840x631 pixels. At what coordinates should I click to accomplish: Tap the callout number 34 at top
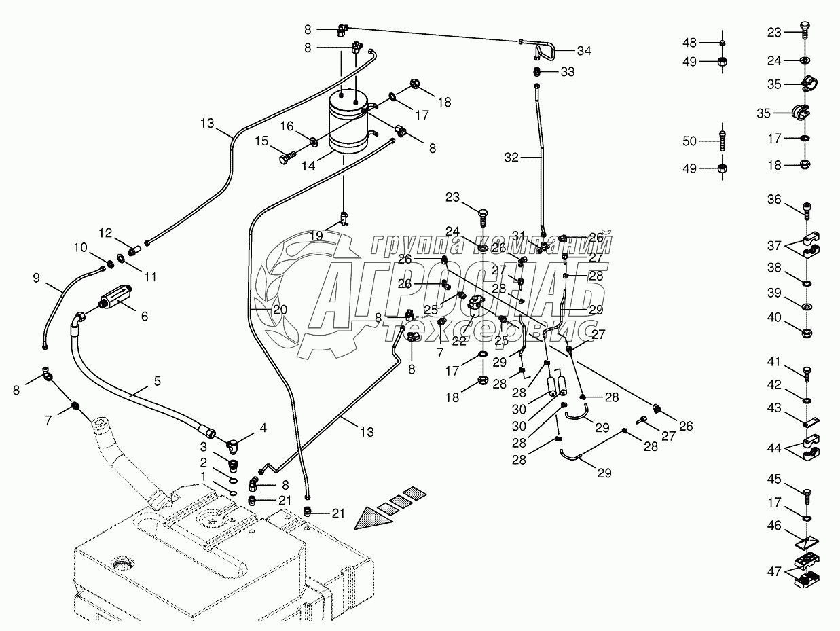[584, 50]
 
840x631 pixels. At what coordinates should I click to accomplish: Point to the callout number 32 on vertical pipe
[511, 157]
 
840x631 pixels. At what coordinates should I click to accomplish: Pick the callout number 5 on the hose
[157, 382]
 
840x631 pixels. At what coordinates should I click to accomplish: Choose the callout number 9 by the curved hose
[36, 277]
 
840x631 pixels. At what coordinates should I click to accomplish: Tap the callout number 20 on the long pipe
[280, 310]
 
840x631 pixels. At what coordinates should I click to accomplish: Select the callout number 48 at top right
[690, 43]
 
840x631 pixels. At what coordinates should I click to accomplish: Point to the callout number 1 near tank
[203, 477]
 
